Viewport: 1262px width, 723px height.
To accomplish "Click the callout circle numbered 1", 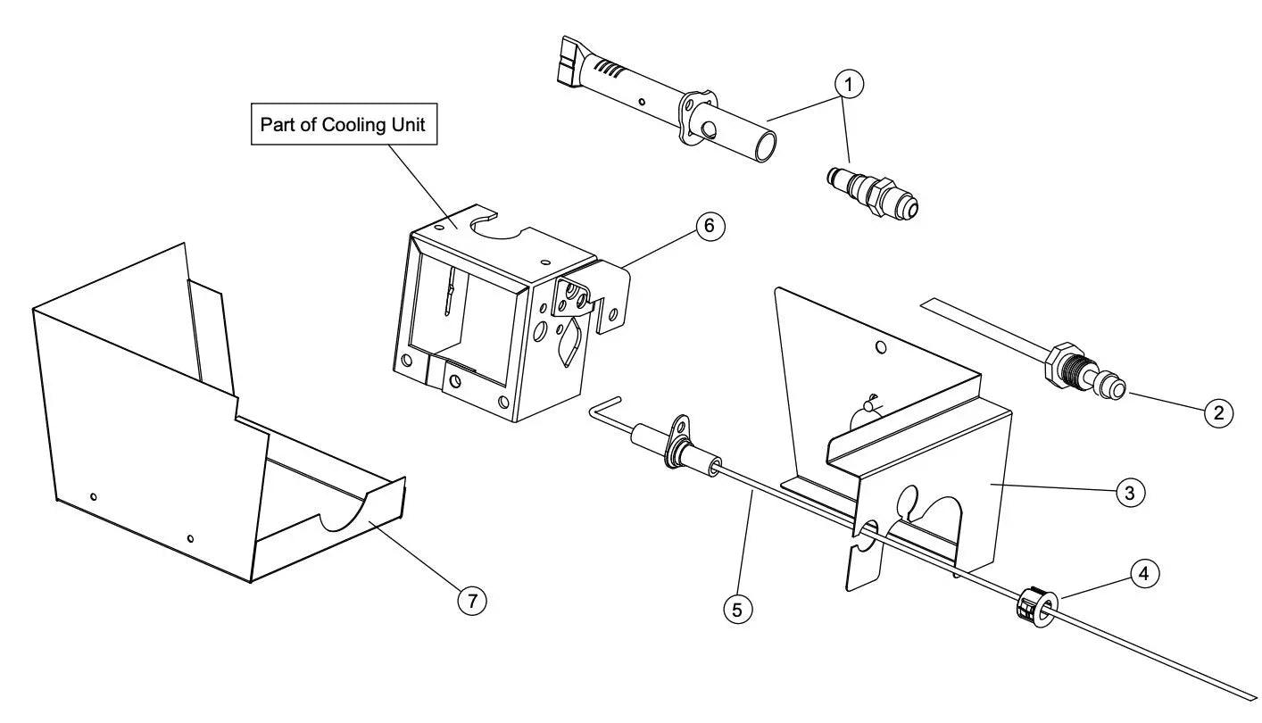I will (849, 85).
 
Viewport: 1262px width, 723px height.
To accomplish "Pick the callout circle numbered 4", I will (1147, 575).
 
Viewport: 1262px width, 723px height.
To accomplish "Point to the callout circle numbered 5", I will (737, 610).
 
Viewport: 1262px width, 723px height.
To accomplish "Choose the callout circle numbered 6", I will (710, 226).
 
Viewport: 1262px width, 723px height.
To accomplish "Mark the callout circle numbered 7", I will (472, 601).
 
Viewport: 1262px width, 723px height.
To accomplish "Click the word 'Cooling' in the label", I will (351, 125).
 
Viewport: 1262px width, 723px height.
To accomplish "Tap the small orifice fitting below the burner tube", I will (872, 191).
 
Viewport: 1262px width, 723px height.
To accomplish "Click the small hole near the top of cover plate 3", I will (880, 346).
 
